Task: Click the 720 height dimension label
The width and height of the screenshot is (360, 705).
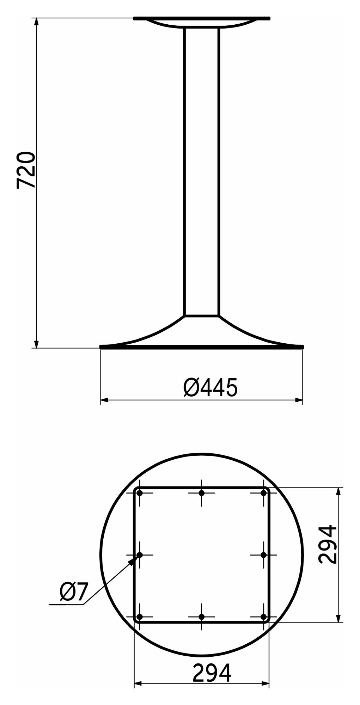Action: point(26,170)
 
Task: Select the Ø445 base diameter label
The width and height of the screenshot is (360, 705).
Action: point(210,387)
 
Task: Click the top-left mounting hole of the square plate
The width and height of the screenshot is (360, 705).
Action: point(140,493)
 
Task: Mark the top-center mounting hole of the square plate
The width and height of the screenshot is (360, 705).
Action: point(202,493)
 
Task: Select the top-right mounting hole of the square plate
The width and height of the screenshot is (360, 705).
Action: point(263,493)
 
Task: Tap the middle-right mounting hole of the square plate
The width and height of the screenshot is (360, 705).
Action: point(263,555)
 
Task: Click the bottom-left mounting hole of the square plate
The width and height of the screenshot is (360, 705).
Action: point(140,617)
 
